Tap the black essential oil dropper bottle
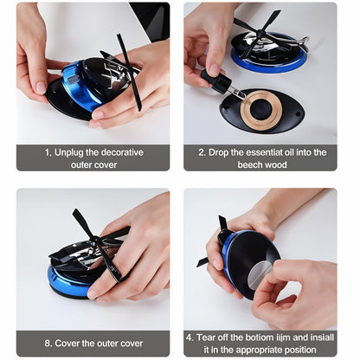[x=218, y=83]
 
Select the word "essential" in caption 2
[x=271, y=151]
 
